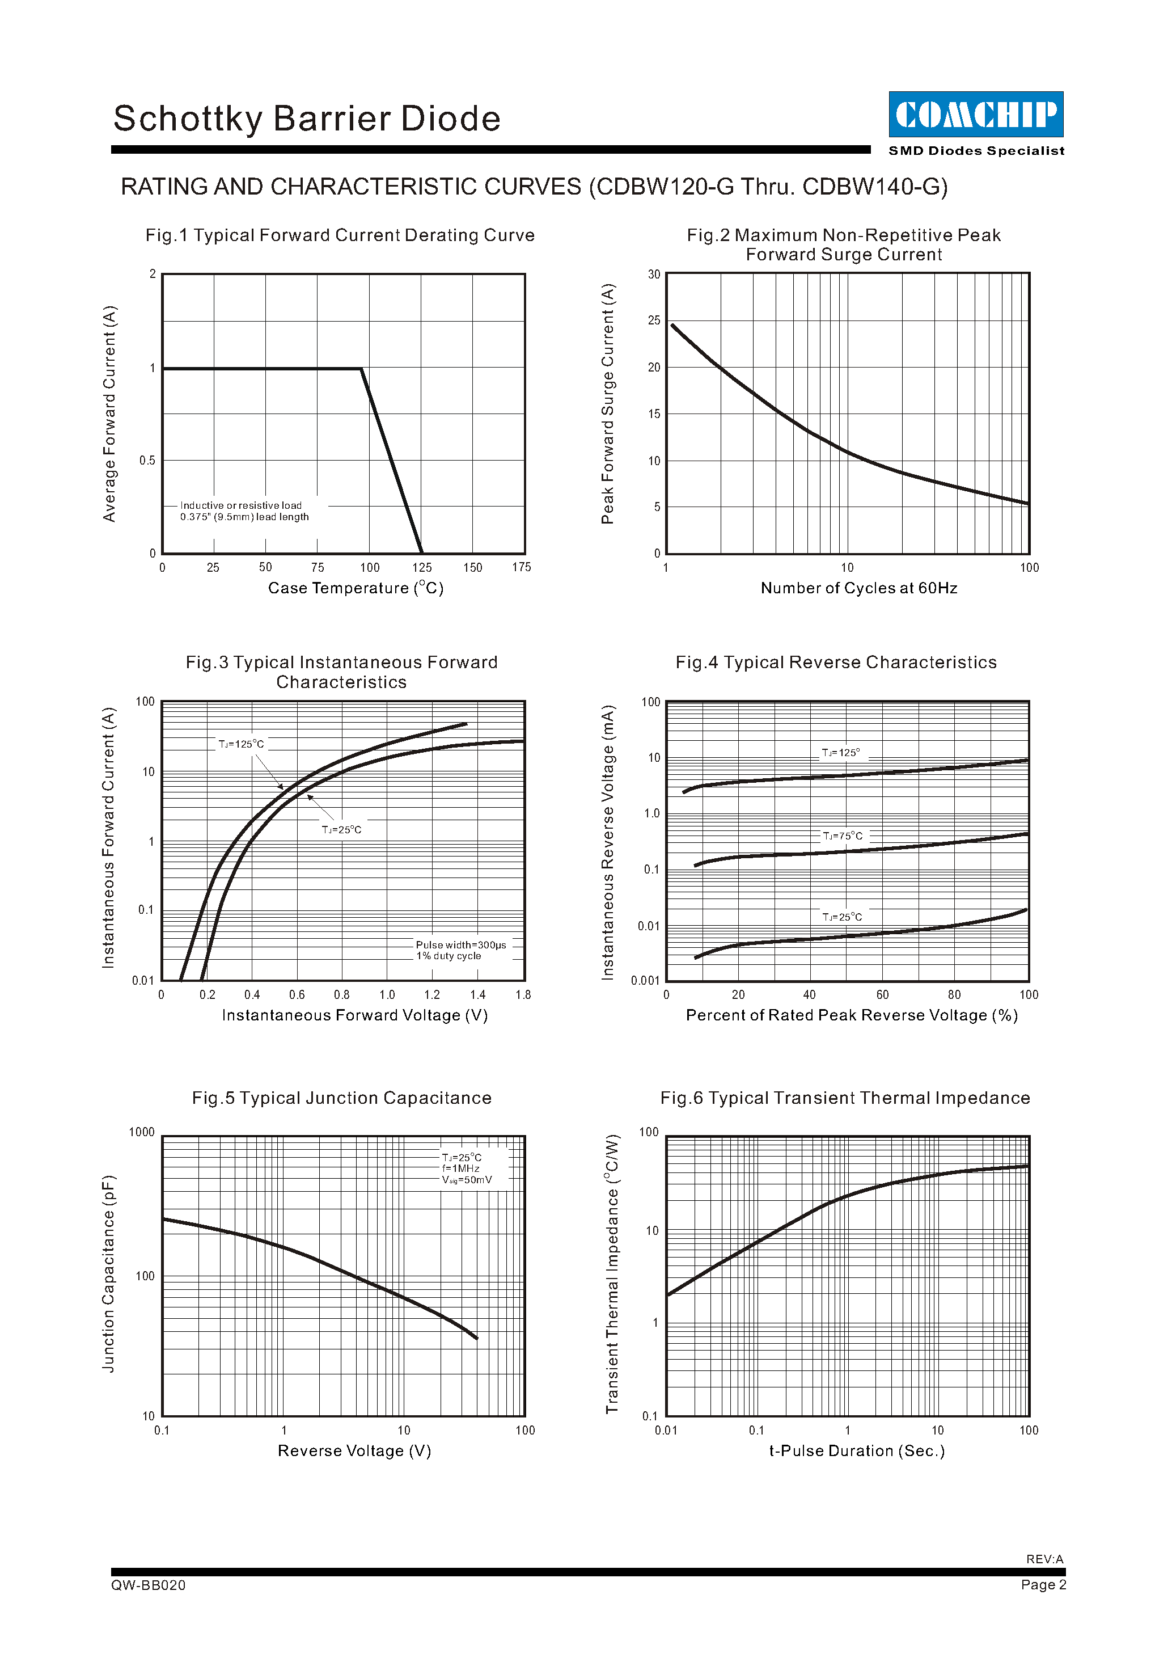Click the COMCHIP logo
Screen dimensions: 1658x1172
point(976,114)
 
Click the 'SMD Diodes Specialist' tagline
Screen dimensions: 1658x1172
point(976,151)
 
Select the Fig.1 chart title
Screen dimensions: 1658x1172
point(340,235)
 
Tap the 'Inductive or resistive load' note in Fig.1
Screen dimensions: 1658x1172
point(241,505)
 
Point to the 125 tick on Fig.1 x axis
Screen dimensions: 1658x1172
point(421,568)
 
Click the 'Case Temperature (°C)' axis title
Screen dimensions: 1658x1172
point(356,589)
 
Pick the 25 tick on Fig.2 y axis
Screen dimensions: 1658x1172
point(654,320)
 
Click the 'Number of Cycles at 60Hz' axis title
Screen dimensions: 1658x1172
point(859,589)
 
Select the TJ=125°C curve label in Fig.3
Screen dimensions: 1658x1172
point(241,744)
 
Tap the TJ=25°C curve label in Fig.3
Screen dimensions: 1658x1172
point(341,830)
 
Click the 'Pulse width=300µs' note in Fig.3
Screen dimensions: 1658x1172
point(460,944)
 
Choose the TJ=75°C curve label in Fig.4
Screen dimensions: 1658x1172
point(842,836)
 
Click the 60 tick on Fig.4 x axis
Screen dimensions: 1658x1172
point(882,995)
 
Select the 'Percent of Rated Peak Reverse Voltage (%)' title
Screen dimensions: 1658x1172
point(852,1015)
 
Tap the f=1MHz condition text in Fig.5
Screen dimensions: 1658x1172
point(460,1168)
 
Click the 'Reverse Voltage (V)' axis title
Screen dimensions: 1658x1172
point(354,1452)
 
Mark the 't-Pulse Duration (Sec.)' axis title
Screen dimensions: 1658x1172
point(857,1452)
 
